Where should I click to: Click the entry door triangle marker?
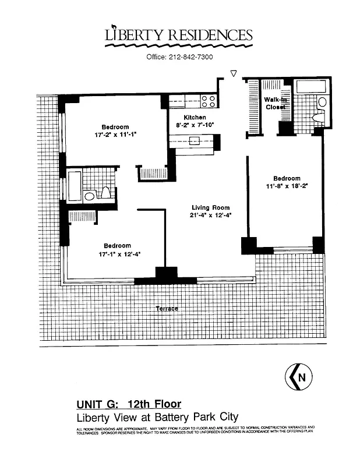click(234, 73)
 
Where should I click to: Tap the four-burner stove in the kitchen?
click(209, 101)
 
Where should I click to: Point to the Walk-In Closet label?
click(274, 103)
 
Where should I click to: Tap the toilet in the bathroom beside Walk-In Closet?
click(321, 103)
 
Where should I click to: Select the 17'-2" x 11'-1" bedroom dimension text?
click(115, 135)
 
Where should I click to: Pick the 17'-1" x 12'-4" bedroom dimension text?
click(117, 253)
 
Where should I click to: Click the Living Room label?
click(211, 207)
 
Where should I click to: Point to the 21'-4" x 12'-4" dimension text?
click(211, 216)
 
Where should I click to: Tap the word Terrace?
click(167, 308)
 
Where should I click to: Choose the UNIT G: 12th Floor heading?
click(129, 404)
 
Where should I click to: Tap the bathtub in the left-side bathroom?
click(74, 185)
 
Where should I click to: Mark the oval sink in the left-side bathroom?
click(89, 196)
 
